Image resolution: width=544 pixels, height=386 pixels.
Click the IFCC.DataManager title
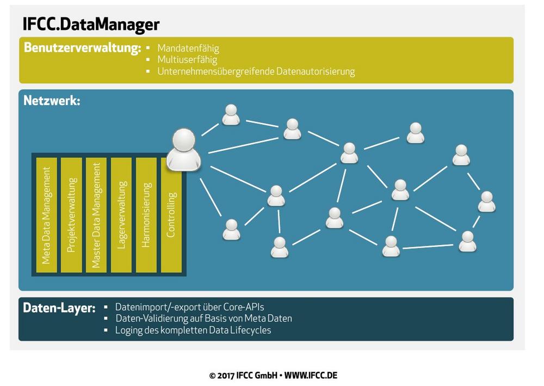coord(91,24)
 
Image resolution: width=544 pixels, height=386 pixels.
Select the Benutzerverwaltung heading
coord(82,48)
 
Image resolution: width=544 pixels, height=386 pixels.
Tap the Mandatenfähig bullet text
coord(188,48)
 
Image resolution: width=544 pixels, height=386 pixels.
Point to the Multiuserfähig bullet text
coord(187,60)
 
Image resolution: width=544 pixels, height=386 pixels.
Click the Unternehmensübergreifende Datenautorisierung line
coord(256,71)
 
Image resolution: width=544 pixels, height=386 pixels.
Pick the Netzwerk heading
coord(52,101)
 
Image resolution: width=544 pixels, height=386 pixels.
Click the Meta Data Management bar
coord(46,215)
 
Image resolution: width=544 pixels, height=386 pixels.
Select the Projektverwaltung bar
coord(71,215)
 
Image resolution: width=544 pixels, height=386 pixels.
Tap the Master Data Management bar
coord(96,215)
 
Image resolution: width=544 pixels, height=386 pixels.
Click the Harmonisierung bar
coord(146,215)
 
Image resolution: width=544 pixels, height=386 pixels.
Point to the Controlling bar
coord(171,215)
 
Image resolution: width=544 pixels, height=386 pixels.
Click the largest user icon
coord(183,150)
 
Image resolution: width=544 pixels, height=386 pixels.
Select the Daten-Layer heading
coord(59,308)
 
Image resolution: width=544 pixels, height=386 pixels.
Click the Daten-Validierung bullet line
coord(203,318)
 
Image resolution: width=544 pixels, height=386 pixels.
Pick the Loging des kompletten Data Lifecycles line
coord(193,330)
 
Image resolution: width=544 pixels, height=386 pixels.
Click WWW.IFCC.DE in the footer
coord(311,376)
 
